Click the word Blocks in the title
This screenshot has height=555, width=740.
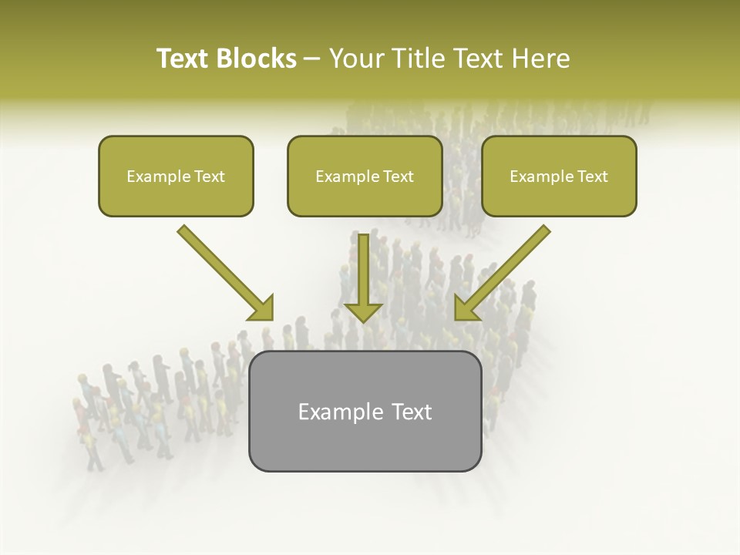coord(255,59)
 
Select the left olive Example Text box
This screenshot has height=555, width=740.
coord(176,176)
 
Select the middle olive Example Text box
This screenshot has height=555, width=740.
coord(365,176)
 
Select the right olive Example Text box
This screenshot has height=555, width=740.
coord(559,176)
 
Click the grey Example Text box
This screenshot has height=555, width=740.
coord(365,411)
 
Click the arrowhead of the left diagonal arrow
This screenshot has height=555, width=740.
coord(262,308)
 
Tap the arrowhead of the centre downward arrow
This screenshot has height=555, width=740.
coord(363,311)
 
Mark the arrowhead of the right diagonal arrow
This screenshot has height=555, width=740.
coord(466,308)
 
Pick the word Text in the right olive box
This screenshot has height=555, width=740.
coord(593,177)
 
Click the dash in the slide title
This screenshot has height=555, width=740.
coord(312,59)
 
